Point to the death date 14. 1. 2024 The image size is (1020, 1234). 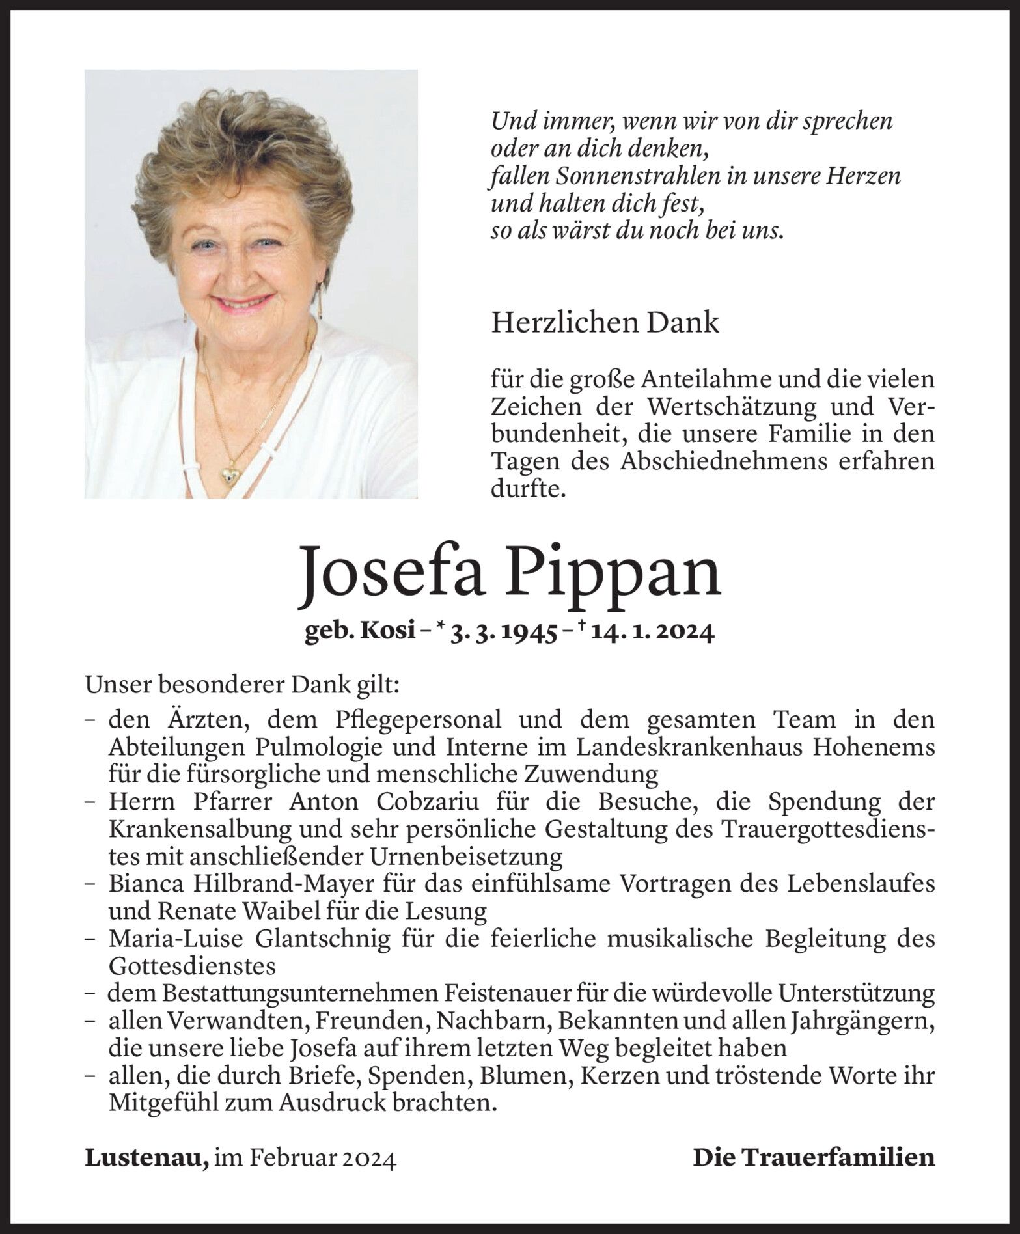pos(653,633)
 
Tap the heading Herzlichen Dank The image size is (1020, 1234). pos(605,323)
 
